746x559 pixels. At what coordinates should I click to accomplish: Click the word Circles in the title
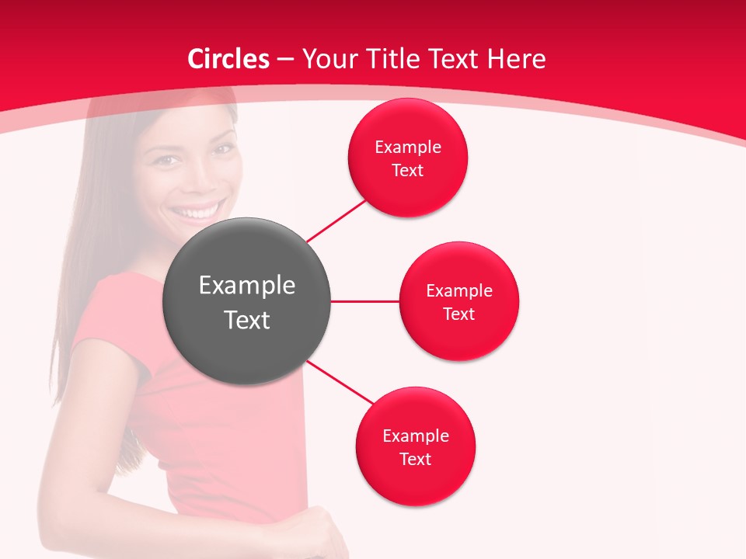pos(228,59)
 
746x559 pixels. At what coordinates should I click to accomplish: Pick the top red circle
pos(408,186)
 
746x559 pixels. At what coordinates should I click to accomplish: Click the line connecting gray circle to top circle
pos(336,220)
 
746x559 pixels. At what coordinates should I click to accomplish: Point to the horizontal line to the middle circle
pos(364,301)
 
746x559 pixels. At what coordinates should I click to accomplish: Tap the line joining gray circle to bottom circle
pos(340,381)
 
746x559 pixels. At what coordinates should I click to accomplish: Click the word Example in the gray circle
pos(247,286)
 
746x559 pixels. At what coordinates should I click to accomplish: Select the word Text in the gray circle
pos(247,320)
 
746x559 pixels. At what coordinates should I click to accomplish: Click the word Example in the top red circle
pos(408,147)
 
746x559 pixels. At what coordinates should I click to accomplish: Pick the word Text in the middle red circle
pos(459,314)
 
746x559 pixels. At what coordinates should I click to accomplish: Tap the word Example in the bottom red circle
pos(416,436)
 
